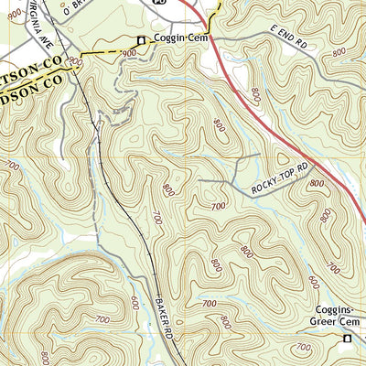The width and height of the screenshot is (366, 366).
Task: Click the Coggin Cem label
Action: point(181,39)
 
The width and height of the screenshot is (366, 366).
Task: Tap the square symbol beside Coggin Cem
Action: point(141,39)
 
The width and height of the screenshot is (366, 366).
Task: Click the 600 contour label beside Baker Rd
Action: point(135,303)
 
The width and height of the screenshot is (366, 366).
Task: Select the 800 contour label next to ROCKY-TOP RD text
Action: point(318,184)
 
